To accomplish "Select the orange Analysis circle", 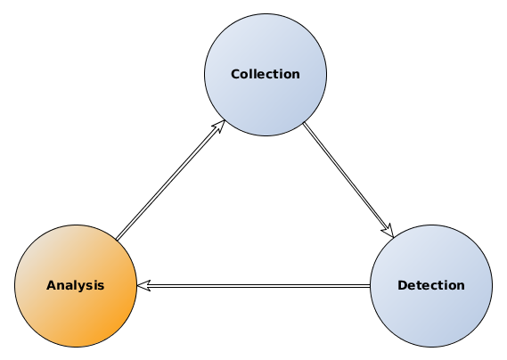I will (76, 316).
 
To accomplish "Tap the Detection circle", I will (431, 316).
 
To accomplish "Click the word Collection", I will (266, 74).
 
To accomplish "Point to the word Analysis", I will (76, 286).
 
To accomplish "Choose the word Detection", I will (431, 286).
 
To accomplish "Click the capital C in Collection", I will (235, 74).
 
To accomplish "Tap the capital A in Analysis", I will (51, 286).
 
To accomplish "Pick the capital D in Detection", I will (402, 286).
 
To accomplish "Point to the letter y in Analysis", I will (80, 287).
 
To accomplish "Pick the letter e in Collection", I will (258, 75).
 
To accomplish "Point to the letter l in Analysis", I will (74, 285).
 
